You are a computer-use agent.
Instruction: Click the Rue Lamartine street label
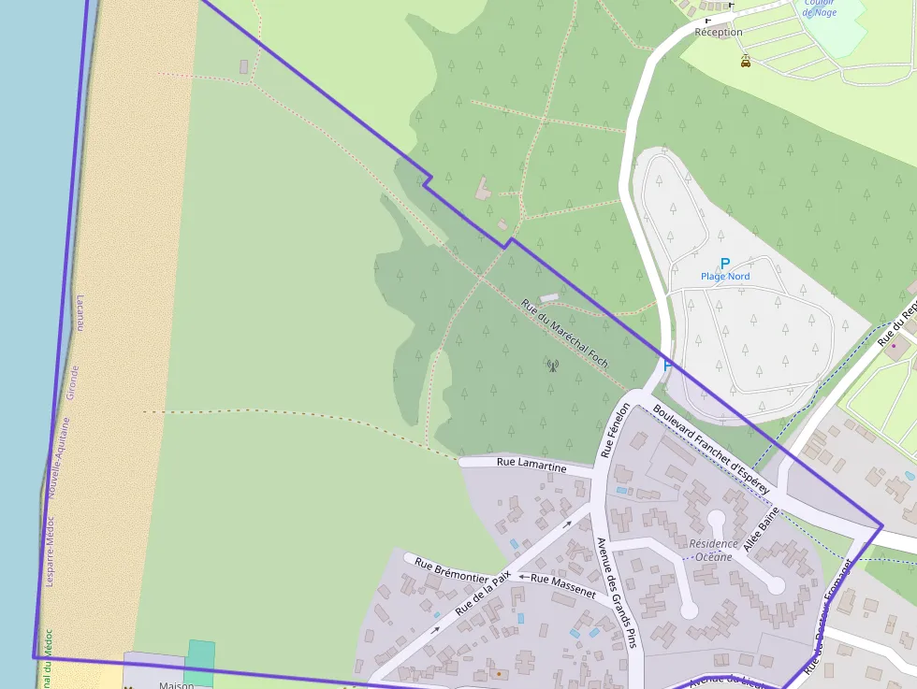tap(531, 464)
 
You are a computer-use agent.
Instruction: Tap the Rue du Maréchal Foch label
tap(565, 333)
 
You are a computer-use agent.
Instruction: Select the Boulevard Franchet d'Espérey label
tap(711, 449)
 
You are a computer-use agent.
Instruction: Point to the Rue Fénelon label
tap(616, 430)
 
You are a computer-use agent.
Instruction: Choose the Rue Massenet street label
tap(562, 585)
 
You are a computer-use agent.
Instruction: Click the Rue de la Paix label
tap(482, 594)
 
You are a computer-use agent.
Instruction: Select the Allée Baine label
tap(762, 526)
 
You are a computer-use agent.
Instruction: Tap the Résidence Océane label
tap(712, 551)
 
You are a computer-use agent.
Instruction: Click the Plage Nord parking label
tap(725, 277)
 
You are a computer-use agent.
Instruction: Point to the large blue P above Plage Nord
tap(724, 264)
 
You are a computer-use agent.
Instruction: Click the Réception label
tap(719, 32)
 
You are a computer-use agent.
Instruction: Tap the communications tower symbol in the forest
tap(552, 365)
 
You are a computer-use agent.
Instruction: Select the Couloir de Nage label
tap(820, 7)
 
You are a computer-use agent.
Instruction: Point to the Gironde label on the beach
tap(74, 382)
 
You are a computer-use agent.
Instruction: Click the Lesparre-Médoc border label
tap(50, 551)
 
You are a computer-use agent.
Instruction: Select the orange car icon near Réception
tap(746, 62)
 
